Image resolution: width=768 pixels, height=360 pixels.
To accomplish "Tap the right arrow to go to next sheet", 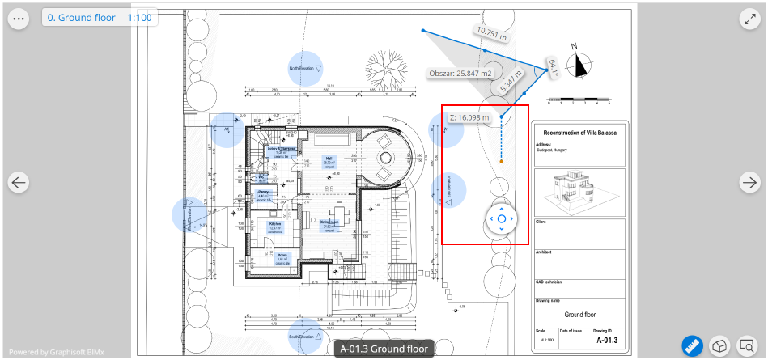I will pyautogui.click(x=750, y=183).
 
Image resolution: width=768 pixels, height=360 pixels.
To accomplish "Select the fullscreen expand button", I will pyautogui.click(x=750, y=18).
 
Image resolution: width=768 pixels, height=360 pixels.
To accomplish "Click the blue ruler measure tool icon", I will pyautogui.click(x=692, y=346).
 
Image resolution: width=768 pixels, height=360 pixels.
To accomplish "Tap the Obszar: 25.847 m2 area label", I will pyautogui.click(x=460, y=74).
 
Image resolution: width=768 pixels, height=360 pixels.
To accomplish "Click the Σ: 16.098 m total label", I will pyautogui.click(x=469, y=117).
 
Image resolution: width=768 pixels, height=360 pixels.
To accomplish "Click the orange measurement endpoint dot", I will pyautogui.click(x=502, y=163).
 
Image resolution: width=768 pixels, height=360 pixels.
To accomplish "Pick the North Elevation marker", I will pyautogui.click(x=306, y=69).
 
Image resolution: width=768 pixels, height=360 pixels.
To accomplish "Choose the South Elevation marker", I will pyautogui.click(x=306, y=336).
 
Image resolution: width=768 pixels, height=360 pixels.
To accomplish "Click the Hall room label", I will pyautogui.click(x=329, y=160).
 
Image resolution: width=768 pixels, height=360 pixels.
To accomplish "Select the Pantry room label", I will pyautogui.click(x=264, y=194).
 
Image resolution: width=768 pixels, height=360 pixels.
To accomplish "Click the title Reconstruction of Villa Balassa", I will pyautogui.click(x=580, y=132).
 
